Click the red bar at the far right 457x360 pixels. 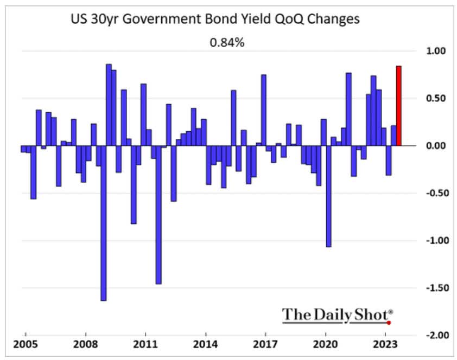[399, 106]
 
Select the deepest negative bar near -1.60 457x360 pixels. [103, 223]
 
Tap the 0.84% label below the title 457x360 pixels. [227, 41]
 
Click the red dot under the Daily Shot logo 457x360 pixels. [389, 322]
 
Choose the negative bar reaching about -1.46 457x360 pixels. [158, 215]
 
